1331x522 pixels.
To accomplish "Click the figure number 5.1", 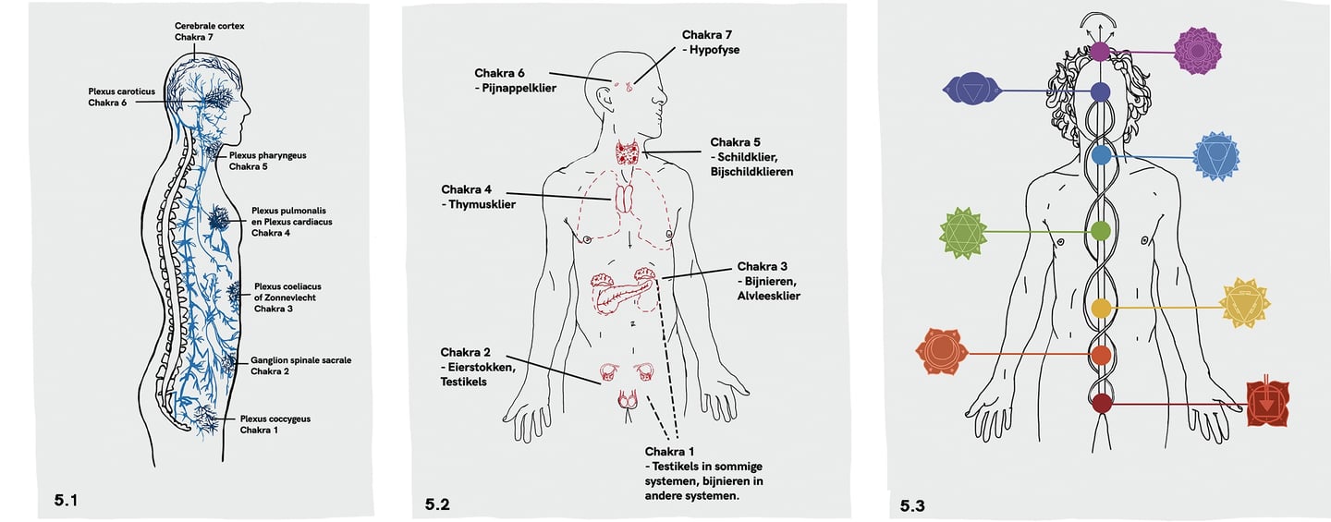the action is pyautogui.click(x=66, y=500).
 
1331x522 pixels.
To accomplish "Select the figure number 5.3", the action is pyautogui.click(x=912, y=505).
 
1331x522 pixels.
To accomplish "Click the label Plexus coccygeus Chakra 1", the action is pyautogui.click(x=275, y=424).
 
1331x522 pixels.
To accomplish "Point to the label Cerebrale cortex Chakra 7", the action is pyautogui.click(x=210, y=30).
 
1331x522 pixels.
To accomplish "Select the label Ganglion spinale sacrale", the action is pyautogui.click(x=300, y=360).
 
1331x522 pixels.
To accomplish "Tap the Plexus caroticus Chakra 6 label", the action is pyautogui.click(x=121, y=97).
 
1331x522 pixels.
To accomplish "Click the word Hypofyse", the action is pyautogui.click(x=714, y=50).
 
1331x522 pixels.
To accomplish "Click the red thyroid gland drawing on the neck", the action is pyautogui.click(x=631, y=152).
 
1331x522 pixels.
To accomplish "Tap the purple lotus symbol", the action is pyautogui.click(x=1197, y=52).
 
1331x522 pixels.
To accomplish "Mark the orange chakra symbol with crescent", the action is pyautogui.click(x=941, y=352).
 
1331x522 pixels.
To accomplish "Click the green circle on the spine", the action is pyautogui.click(x=1100, y=230).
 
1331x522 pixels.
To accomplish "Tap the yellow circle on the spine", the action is pyautogui.click(x=1100, y=308).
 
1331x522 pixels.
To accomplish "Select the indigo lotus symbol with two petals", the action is pyautogui.click(x=972, y=90).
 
